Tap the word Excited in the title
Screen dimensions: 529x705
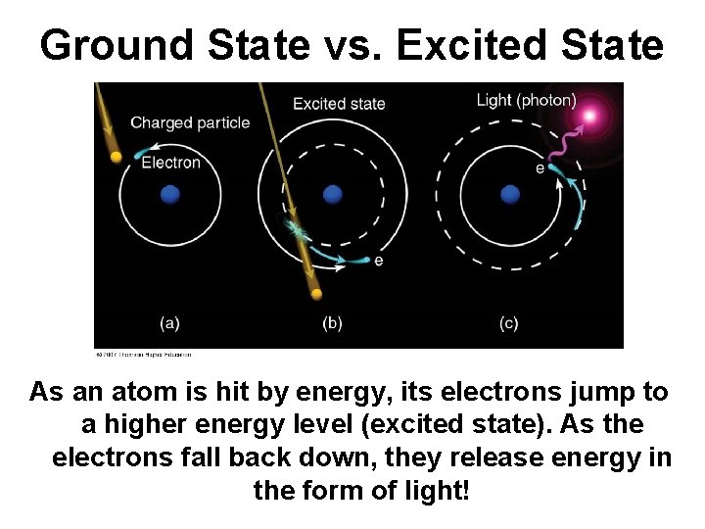tap(471, 45)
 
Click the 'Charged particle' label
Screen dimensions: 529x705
tap(190, 122)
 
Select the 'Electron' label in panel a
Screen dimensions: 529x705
tap(171, 163)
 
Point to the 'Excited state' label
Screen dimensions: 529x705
tap(339, 104)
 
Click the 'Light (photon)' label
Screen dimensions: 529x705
tap(526, 100)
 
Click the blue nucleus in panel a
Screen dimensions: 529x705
tap(170, 195)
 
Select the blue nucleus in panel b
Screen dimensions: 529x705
tap(332, 194)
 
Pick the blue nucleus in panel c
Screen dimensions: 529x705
tap(509, 194)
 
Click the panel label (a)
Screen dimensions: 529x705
tap(169, 322)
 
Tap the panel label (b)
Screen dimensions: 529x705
tap(332, 322)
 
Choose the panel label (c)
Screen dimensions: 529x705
tap(508, 322)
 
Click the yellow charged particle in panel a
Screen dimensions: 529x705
tap(117, 157)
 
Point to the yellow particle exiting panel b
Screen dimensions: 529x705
tap(315, 293)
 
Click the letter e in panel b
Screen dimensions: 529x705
tap(378, 261)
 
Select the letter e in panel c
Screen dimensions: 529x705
tap(540, 168)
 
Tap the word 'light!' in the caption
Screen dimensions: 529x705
tap(440, 489)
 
